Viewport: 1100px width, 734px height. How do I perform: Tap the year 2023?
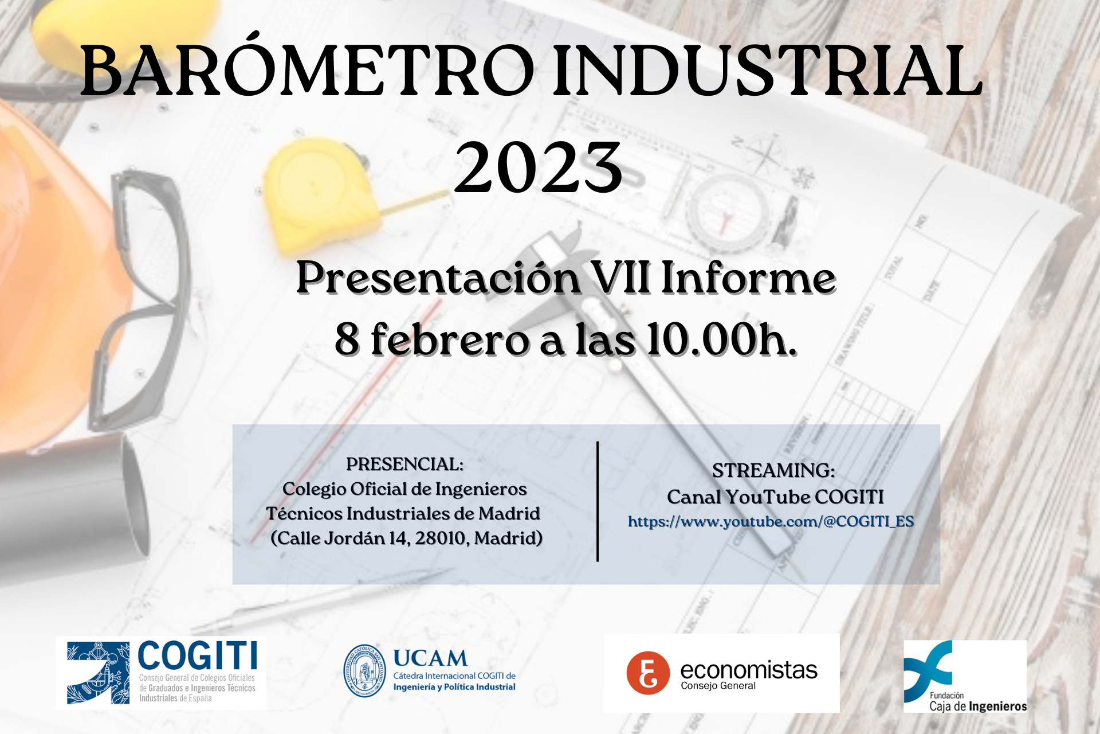538,167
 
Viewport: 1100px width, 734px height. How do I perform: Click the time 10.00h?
722,339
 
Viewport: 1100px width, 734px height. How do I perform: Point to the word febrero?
450,339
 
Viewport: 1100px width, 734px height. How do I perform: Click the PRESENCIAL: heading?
405,464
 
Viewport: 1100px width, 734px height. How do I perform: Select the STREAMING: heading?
774,471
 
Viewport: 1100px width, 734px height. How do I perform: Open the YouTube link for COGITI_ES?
771,522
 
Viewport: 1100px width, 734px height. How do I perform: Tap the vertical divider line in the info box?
598,501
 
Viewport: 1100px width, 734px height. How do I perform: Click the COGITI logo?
162,673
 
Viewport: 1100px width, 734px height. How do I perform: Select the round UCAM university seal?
364,670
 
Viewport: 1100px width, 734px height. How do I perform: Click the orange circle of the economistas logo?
648,673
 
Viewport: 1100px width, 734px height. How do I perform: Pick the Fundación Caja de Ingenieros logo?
965,677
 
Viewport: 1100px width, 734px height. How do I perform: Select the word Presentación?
438,278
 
